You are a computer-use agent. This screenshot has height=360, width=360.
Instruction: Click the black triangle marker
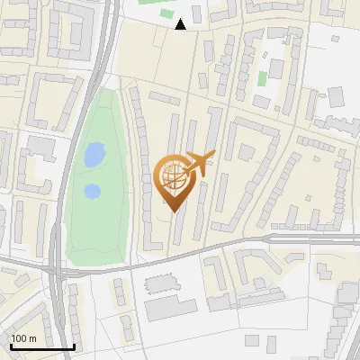(181, 24)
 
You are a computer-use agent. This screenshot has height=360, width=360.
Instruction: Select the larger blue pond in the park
(94, 156)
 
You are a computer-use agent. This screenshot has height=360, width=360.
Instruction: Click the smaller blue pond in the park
(92, 191)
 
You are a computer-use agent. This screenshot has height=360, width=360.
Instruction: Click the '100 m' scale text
(24, 338)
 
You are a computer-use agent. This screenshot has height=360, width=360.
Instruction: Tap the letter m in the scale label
(32, 338)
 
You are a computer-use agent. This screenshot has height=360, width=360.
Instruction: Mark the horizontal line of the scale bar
(42, 346)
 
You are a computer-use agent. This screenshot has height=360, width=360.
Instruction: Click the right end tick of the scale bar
(74, 344)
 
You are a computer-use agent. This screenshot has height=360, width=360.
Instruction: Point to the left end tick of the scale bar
(11, 344)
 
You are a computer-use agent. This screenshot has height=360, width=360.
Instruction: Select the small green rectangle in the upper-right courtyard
(262, 77)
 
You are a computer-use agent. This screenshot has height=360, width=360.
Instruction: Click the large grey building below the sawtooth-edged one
(170, 308)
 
